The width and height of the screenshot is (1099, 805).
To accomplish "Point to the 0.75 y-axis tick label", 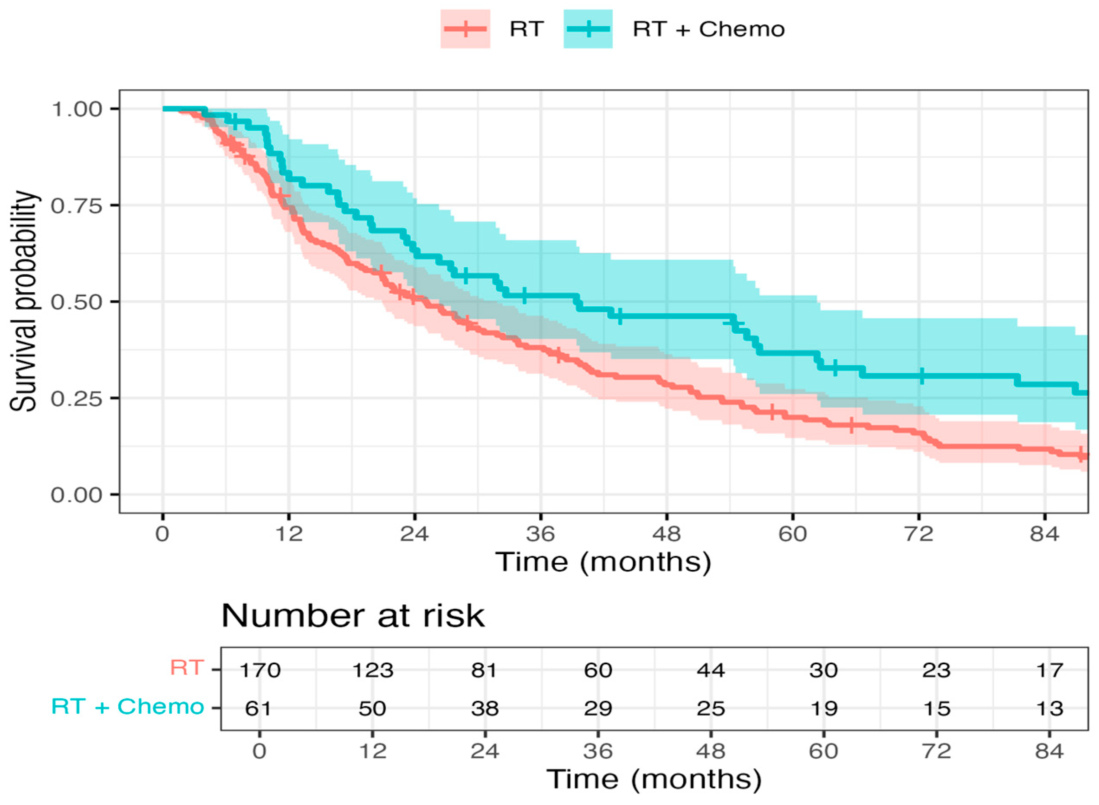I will pos(77,206).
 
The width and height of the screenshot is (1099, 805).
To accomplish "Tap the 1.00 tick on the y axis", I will pos(77,109).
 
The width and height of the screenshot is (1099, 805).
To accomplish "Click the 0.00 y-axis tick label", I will pos(77,495).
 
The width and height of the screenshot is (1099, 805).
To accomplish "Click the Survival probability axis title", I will pos(23,301).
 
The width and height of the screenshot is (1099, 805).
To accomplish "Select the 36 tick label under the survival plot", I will pos(540,534).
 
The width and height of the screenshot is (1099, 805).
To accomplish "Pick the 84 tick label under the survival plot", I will pos(1044,534).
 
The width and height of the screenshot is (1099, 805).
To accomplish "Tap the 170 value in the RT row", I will pos(260,670).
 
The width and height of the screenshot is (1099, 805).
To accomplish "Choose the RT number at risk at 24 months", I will pos(485,670).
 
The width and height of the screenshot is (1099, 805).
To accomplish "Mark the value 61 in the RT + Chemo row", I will pos(258,708).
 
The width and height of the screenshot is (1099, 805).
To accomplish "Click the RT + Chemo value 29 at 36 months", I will pos(598,708).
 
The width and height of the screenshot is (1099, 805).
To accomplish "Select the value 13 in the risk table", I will pos(1049,708).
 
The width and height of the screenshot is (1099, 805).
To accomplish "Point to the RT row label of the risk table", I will pos(187,667).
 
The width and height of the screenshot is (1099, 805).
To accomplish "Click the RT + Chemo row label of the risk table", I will pos(128,706).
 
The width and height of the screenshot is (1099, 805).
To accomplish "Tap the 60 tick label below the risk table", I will pos(823,751).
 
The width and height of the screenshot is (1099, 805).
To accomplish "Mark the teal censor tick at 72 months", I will pos(921,376).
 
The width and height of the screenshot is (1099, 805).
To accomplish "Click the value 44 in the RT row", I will pos(711,670).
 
